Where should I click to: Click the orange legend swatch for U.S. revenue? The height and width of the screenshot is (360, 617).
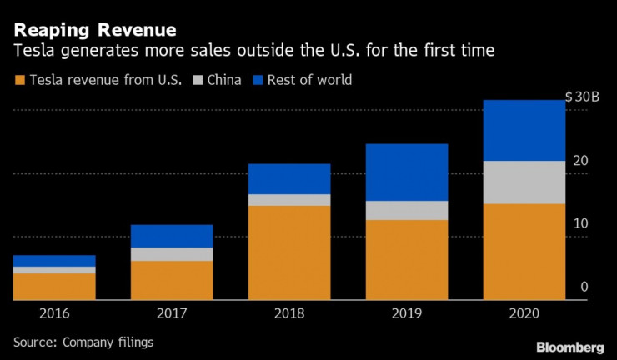point(19,81)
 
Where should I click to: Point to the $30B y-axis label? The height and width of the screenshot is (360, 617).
point(582,97)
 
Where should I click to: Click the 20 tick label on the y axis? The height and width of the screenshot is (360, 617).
point(581,161)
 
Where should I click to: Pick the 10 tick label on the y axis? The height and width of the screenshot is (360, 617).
point(581,223)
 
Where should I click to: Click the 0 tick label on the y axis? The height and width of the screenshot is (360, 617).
point(584,287)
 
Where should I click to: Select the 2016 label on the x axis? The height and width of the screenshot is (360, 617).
point(53,314)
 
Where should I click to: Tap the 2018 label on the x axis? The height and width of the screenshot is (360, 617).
point(288,314)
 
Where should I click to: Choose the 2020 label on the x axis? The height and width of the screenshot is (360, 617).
point(524,314)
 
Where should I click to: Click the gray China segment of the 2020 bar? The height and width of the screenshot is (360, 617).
point(524,182)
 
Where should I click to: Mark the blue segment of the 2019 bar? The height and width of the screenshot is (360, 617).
point(406,172)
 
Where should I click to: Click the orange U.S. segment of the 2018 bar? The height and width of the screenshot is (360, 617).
point(288,252)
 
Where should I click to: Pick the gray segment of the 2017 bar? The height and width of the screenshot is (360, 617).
point(171,254)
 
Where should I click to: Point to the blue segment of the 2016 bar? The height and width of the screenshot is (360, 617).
point(53,261)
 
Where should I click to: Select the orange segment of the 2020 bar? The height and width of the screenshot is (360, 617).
point(524,251)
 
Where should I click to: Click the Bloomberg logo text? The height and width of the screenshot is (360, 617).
point(570,346)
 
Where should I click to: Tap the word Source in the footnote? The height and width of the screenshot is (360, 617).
point(34,342)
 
